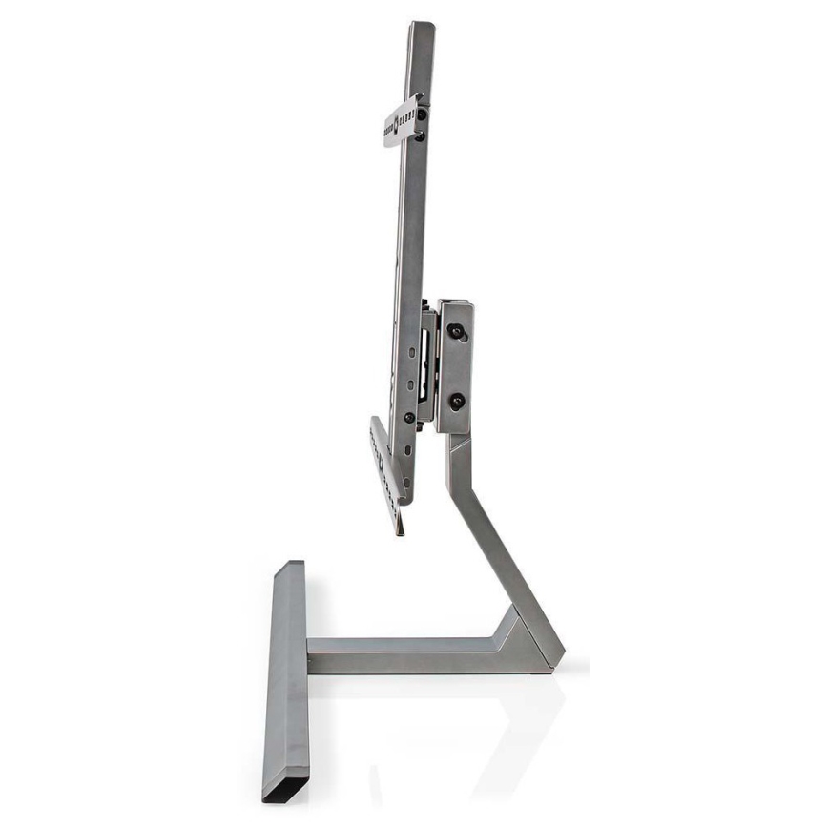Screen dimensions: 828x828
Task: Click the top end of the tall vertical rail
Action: click(421, 27)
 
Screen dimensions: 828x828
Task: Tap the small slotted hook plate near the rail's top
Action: click(400, 121)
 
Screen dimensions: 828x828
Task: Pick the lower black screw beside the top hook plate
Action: click(420, 136)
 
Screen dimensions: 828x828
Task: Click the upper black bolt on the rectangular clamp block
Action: click(456, 331)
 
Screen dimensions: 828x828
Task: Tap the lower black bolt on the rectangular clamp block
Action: click(456, 401)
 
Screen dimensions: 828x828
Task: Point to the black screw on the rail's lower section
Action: click(409, 418)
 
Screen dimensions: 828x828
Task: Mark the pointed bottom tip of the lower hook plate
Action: click(401, 531)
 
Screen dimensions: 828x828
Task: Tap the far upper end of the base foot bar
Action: click(290, 567)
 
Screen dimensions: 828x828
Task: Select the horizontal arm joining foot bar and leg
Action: click(401, 655)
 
